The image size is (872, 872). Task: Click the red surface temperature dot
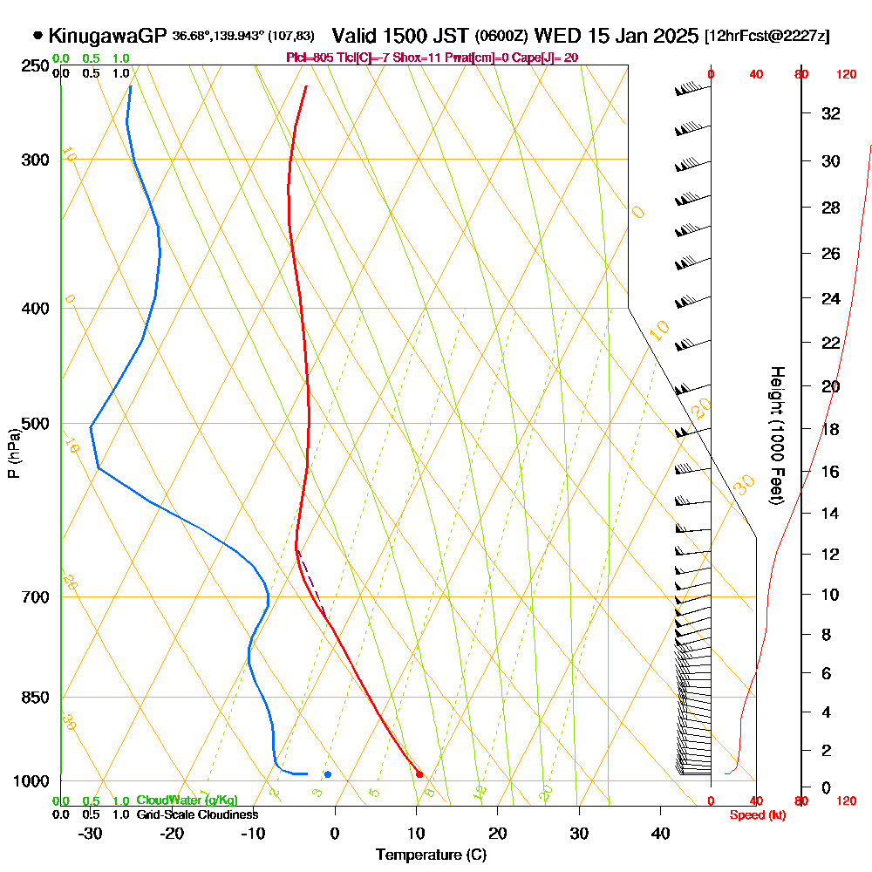pyautogui.click(x=419, y=774)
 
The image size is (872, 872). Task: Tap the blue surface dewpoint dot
pyautogui.click(x=327, y=774)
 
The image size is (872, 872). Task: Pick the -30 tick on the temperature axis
pyautogui.click(x=90, y=833)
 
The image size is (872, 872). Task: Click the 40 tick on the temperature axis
pyautogui.click(x=661, y=833)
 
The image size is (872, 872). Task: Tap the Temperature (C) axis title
pyautogui.click(x=431, y=855)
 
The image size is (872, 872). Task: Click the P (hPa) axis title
pyautogui.click(x=13, y=453)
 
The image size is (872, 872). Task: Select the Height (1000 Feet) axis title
pyautogui.click(x=775, y=435)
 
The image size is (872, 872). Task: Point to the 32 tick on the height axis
pyautogui.click(x=831, y=113)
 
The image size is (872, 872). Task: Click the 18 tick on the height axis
pyautogui.click(x=831, y=429)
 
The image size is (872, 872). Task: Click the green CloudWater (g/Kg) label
pyautogui.click(x=187, y=800)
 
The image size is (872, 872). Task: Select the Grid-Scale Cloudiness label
pyautogui.click(x=197, y=814)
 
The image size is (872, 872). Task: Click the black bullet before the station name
pyautogui.click(x=37, y=37)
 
